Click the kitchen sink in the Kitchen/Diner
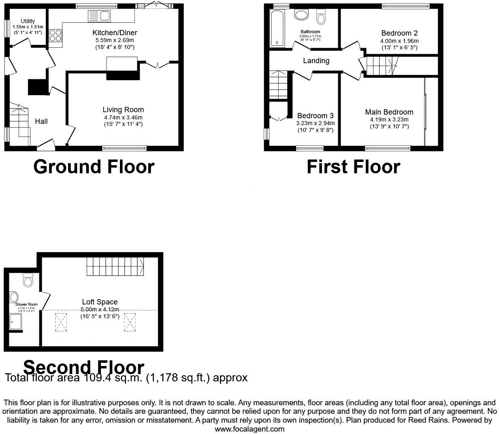99,16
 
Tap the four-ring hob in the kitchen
55,36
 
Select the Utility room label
28,21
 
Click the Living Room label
123,110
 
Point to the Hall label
41,121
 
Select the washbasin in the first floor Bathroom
301,15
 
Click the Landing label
316,61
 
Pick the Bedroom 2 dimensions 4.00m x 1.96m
399,41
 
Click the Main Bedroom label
389,112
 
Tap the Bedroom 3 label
316,116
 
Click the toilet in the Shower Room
28,280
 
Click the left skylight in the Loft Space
61,322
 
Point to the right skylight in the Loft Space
130,322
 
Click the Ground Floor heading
94,167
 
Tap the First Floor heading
353,167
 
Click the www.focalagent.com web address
249,429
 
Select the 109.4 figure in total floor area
96,378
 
